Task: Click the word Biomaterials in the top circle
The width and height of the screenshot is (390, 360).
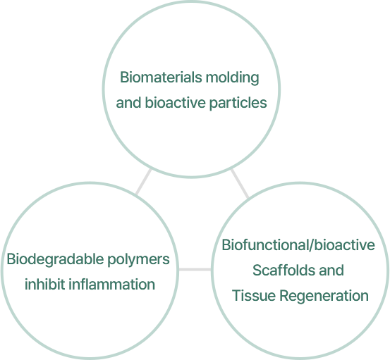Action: coord(161,77)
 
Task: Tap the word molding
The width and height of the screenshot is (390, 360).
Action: coord(232,78)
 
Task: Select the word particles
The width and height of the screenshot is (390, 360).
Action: coord(238,103)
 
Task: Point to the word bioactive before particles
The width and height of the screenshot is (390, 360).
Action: coord(176,102)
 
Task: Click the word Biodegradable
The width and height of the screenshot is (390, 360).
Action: coord(55,260)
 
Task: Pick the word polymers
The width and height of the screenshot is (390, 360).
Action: coord(138,260)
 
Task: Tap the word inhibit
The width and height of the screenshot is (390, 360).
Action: coord(44,284)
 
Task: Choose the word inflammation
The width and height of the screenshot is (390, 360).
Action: coord(111,284)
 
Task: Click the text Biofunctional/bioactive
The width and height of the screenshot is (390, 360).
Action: coord(298,244)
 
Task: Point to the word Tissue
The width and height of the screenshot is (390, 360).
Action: coord(254,295)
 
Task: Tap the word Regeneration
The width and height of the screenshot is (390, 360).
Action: coord(324,296)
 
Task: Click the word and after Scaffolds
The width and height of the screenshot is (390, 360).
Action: coord(331,270)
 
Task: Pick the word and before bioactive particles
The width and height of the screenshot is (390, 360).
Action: coord(129,102)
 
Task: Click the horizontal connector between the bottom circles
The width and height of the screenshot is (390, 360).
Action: coord(195,270)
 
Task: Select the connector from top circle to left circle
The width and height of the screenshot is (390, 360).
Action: coord(143,182)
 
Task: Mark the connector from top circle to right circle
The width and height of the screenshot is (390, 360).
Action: coord(240,184)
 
